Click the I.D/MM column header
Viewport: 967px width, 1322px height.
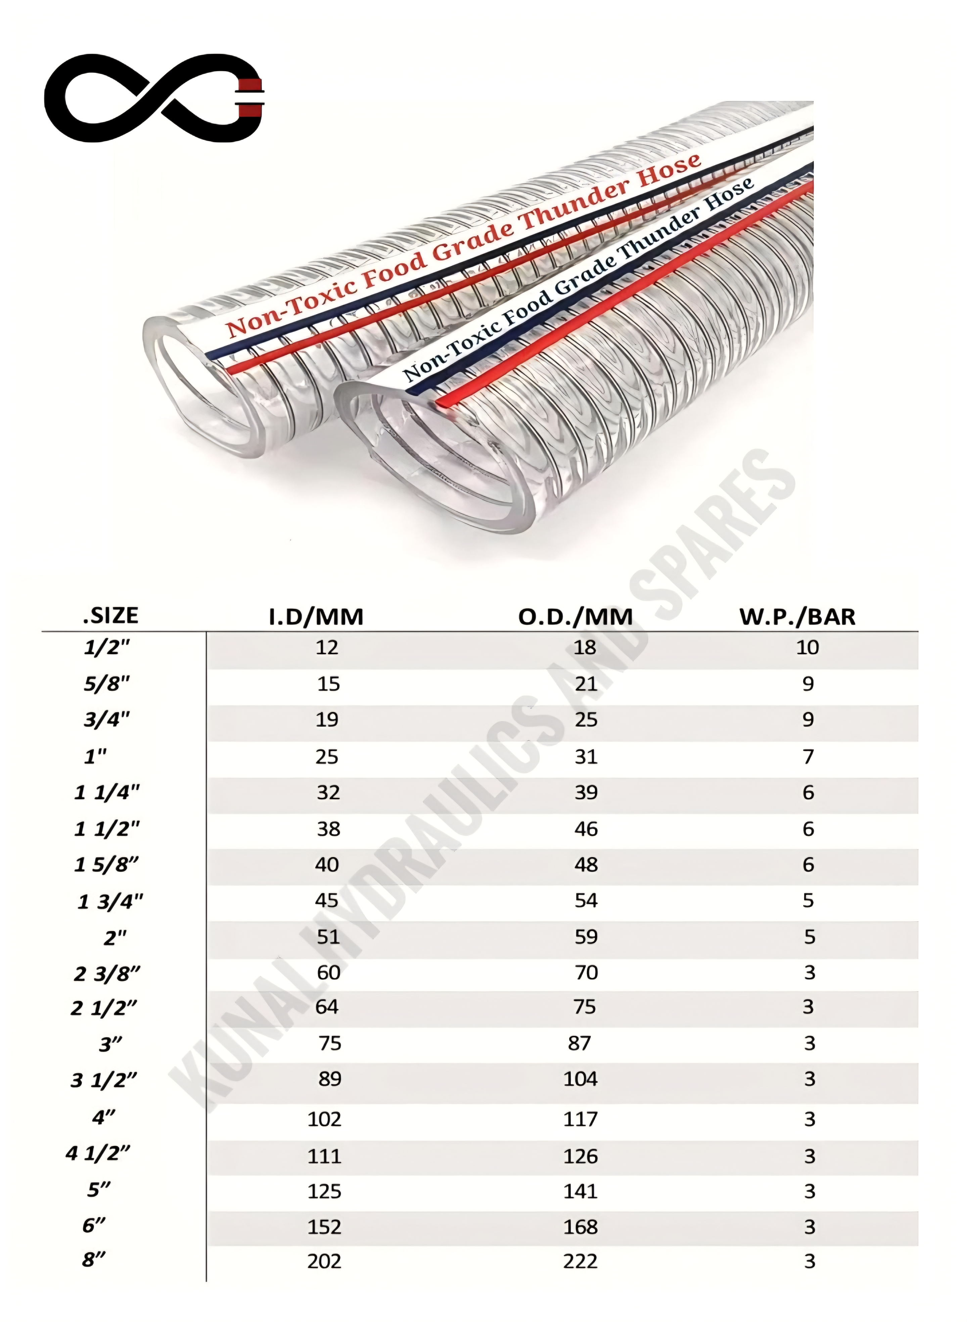pyautogui.click(x=316, y=617)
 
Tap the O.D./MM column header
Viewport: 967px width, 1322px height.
pyautogui.click(x=575, y=617)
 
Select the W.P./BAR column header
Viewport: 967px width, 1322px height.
pyautogui.click(x=797, y=617)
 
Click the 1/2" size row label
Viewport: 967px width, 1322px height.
pyautogui.click(x=106, y=648)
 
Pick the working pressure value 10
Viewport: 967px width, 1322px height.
pyautogui.click(x=807, y=648)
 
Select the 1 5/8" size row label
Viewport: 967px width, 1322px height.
pyautogui.click(x=106, y=865)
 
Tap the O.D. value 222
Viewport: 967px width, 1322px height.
pyautogui.click(x=581, y=1261)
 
